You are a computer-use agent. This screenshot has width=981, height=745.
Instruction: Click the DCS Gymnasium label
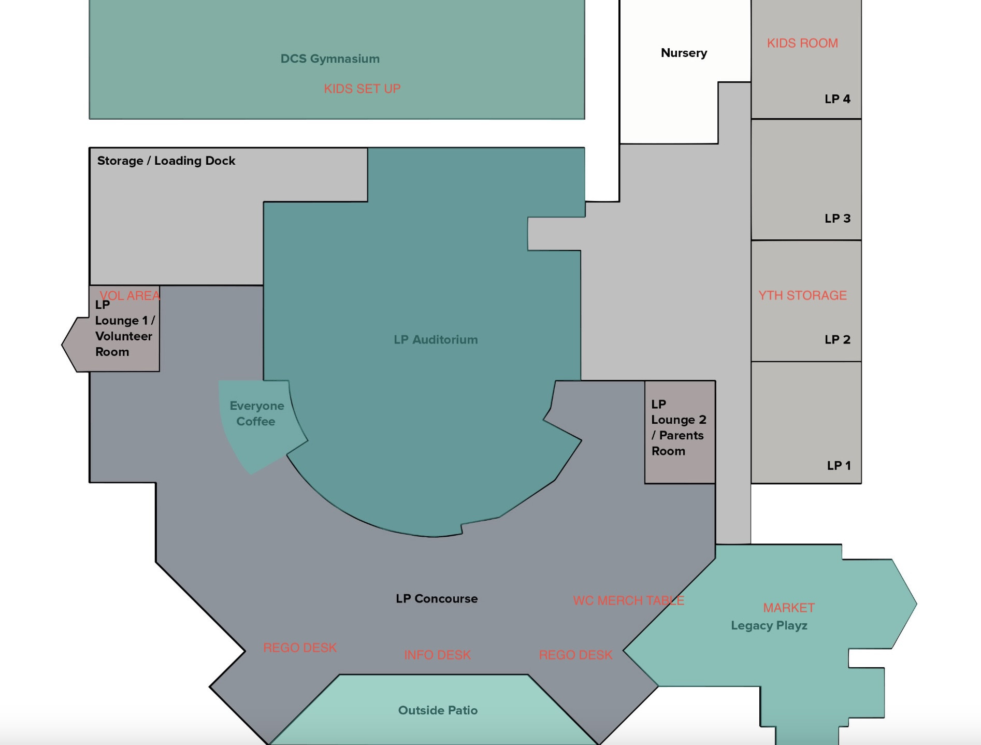330,59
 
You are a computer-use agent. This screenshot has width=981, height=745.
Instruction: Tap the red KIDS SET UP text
362,89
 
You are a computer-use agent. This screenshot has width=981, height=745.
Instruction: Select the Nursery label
684,53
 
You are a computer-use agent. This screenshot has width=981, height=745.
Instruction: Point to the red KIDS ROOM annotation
802,43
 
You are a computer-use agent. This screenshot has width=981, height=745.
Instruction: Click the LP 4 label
838,98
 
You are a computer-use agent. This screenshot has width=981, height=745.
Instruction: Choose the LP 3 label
838,218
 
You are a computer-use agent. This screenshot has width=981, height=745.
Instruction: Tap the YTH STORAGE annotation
802,295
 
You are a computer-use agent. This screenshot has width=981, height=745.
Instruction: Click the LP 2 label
838,339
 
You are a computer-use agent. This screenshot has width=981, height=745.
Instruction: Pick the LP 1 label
839,465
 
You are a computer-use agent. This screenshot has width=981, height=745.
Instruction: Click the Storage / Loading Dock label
166,161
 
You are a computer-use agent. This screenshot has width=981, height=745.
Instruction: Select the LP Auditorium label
436,340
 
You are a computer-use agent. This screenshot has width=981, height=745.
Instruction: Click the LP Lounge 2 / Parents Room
680,432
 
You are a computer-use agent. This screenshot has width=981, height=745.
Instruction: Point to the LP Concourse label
437,598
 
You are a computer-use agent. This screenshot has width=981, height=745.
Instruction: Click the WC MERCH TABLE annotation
629,600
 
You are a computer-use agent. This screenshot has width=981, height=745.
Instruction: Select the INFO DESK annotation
438,655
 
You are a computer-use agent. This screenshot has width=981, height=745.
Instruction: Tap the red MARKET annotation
789,608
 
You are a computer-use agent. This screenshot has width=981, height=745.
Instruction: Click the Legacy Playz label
769,626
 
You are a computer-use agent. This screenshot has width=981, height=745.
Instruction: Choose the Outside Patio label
438,710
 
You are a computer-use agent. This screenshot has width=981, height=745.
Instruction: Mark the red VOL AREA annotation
130,295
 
